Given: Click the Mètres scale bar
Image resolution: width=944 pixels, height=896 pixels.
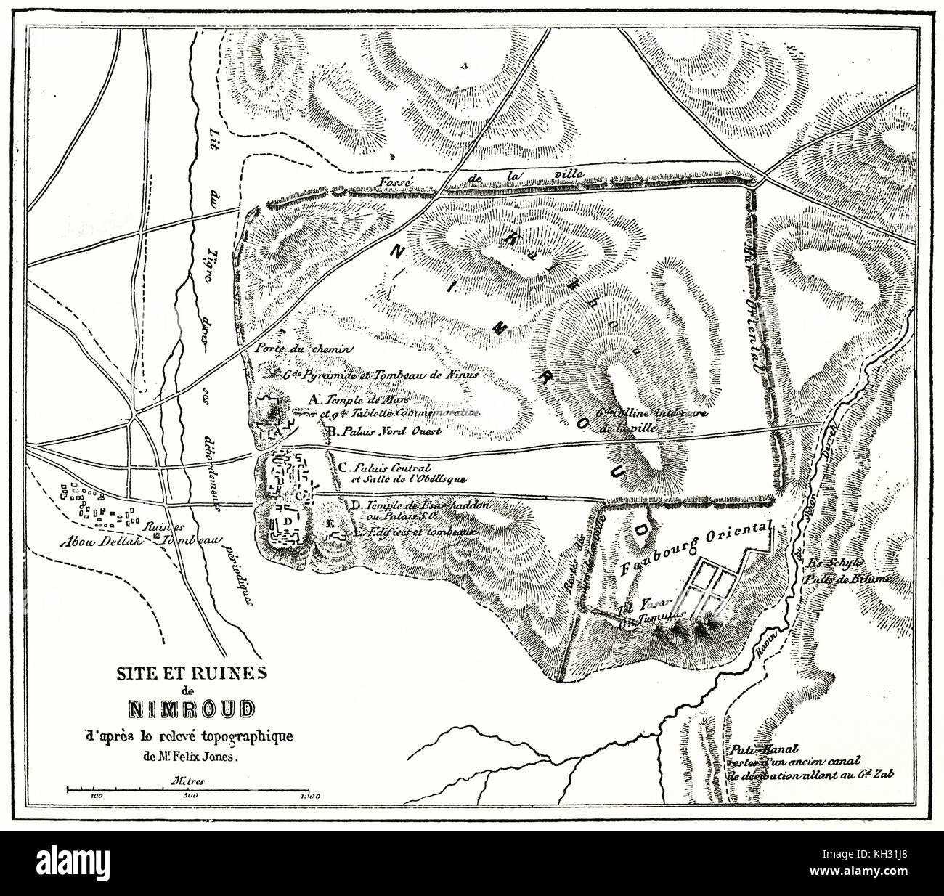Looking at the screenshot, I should point(192,788).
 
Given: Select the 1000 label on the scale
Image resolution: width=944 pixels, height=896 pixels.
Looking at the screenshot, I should point(309,797).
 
